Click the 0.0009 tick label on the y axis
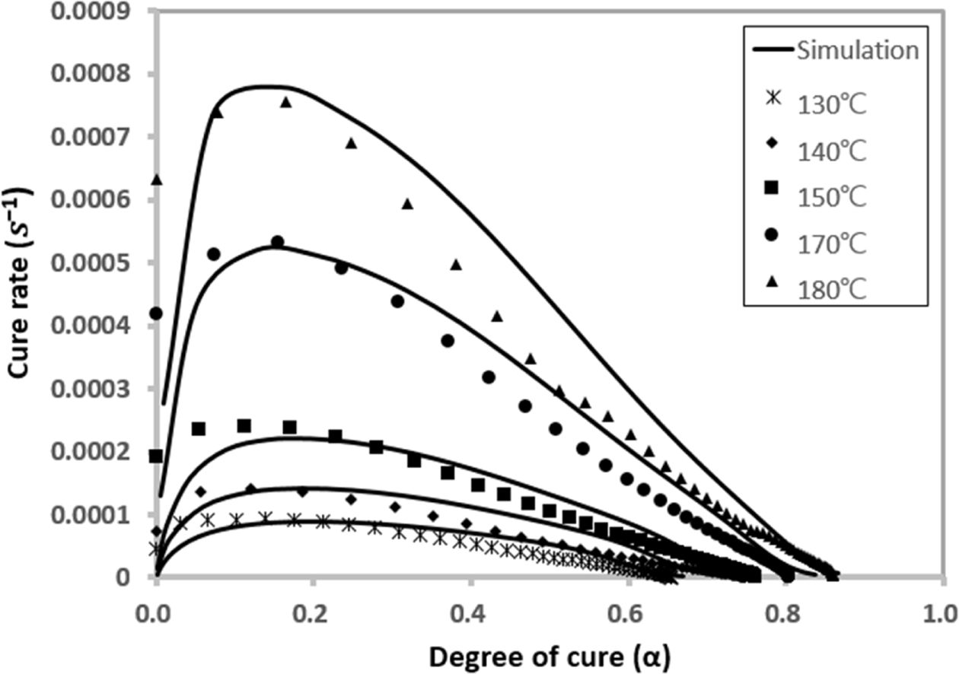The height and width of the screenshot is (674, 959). point(98,12)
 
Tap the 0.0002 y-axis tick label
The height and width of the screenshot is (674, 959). point(98,452)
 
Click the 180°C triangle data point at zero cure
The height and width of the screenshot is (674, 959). point(157,180)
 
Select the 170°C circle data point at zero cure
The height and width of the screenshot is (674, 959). point(156,313)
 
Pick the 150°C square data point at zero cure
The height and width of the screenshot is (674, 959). point(156,456)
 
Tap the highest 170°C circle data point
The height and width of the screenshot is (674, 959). point(277,242)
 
